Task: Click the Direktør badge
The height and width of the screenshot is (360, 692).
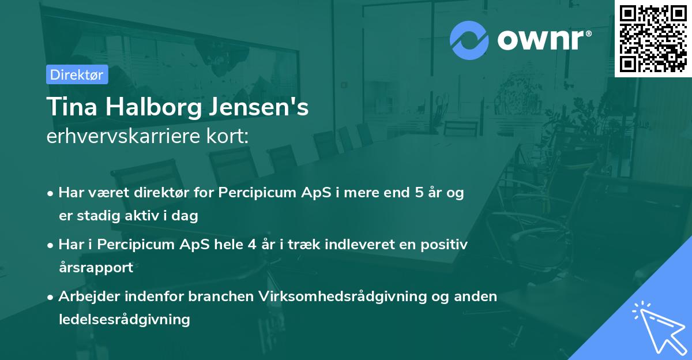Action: coord(76,74)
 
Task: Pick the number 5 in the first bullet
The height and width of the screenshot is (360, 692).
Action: coord(419,193)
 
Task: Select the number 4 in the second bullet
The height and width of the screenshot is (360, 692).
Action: coord(251,244)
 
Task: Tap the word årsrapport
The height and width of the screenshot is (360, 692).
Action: coord(96,267)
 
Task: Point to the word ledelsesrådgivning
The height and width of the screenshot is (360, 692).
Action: coord(124,319)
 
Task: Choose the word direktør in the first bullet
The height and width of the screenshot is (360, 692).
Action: coord(144,193)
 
